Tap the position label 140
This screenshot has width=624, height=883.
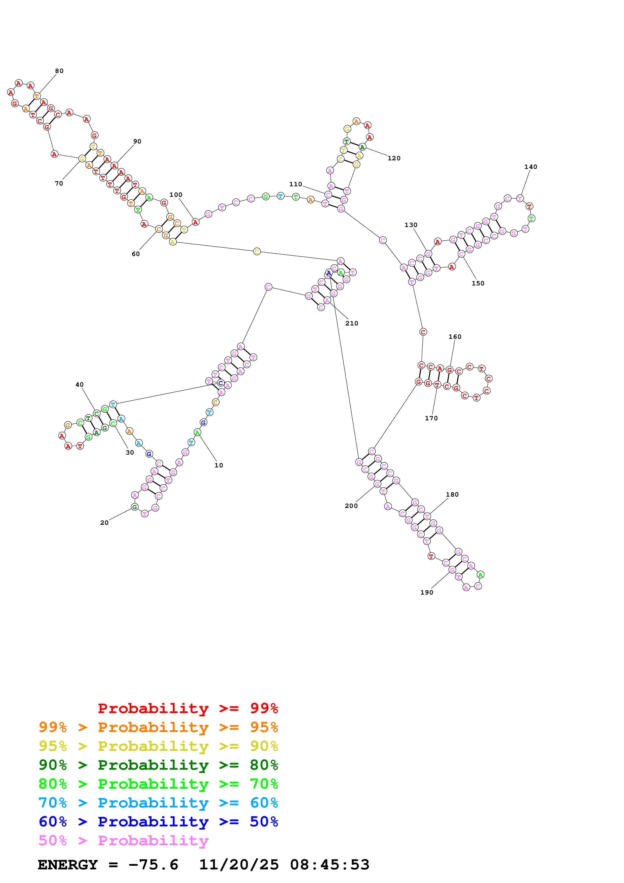click(531, 167)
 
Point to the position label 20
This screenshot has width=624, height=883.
click(104, 523)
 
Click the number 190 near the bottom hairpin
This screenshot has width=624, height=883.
click(426, 592)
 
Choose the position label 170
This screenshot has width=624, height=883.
click(431, 418)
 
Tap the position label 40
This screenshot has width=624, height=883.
click(79, 385)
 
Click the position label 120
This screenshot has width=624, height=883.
click(394, 158)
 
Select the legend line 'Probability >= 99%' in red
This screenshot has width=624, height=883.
click(188, 708)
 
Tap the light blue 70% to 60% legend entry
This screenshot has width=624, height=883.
click(158, 803)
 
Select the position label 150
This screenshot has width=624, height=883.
click(478, 283)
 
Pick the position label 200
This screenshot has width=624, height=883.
click(351, 506)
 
